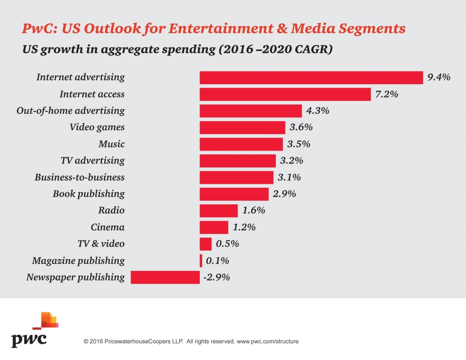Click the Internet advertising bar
311,77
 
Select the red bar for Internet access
285,94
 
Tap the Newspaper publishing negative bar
165,277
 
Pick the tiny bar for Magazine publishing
201,261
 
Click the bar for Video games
243,127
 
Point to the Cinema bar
214,227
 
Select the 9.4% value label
439,77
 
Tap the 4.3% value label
317,111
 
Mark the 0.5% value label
227,244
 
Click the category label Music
111,144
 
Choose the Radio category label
111,211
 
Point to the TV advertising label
92,161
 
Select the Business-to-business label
80,177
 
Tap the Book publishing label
89,194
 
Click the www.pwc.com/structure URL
268,341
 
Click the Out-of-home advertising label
71,111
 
